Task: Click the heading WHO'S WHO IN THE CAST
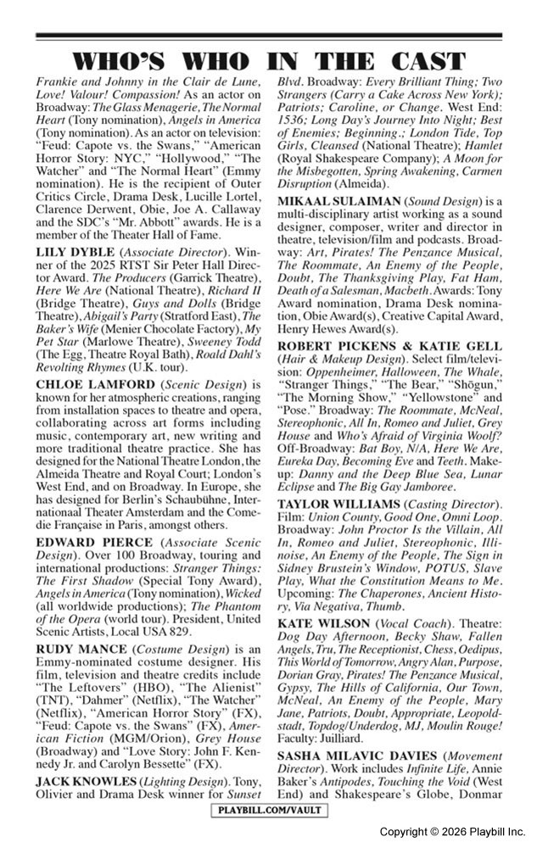pyautogui.click(x=268, y=61)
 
